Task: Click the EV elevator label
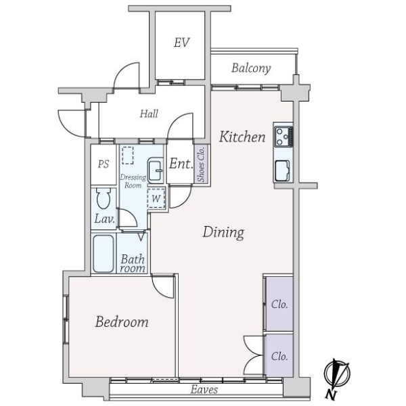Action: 181,43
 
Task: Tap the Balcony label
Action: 251,68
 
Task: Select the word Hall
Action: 149,114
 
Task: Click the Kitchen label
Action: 242,137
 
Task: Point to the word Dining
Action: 223,233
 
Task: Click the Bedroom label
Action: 121,322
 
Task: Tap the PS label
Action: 104,164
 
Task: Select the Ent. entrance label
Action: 179,164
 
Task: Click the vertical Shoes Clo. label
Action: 201,164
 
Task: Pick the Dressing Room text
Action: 133,181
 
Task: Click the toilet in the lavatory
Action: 104,200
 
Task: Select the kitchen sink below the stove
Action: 282,171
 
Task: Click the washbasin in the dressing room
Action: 155,171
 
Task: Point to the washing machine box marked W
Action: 156,198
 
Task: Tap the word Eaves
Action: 203,389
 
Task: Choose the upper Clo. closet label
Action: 279,304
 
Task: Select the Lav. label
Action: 104,219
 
